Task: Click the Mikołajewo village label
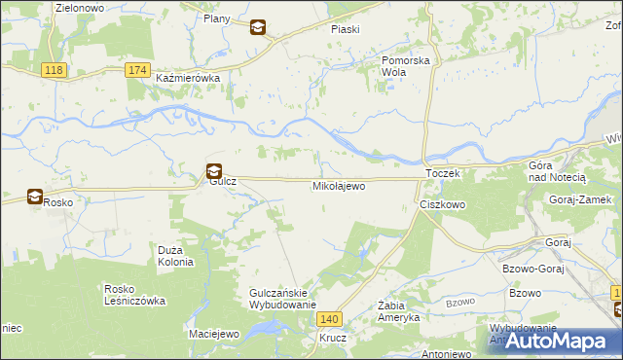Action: coord(339,185)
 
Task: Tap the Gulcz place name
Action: coord(217,185)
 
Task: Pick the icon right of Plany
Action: coord(257,28)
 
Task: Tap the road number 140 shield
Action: coord(331,319)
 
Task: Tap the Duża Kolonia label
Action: coord(176,256)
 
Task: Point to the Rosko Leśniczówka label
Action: coord(134,295)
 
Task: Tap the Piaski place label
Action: coord(346,29)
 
